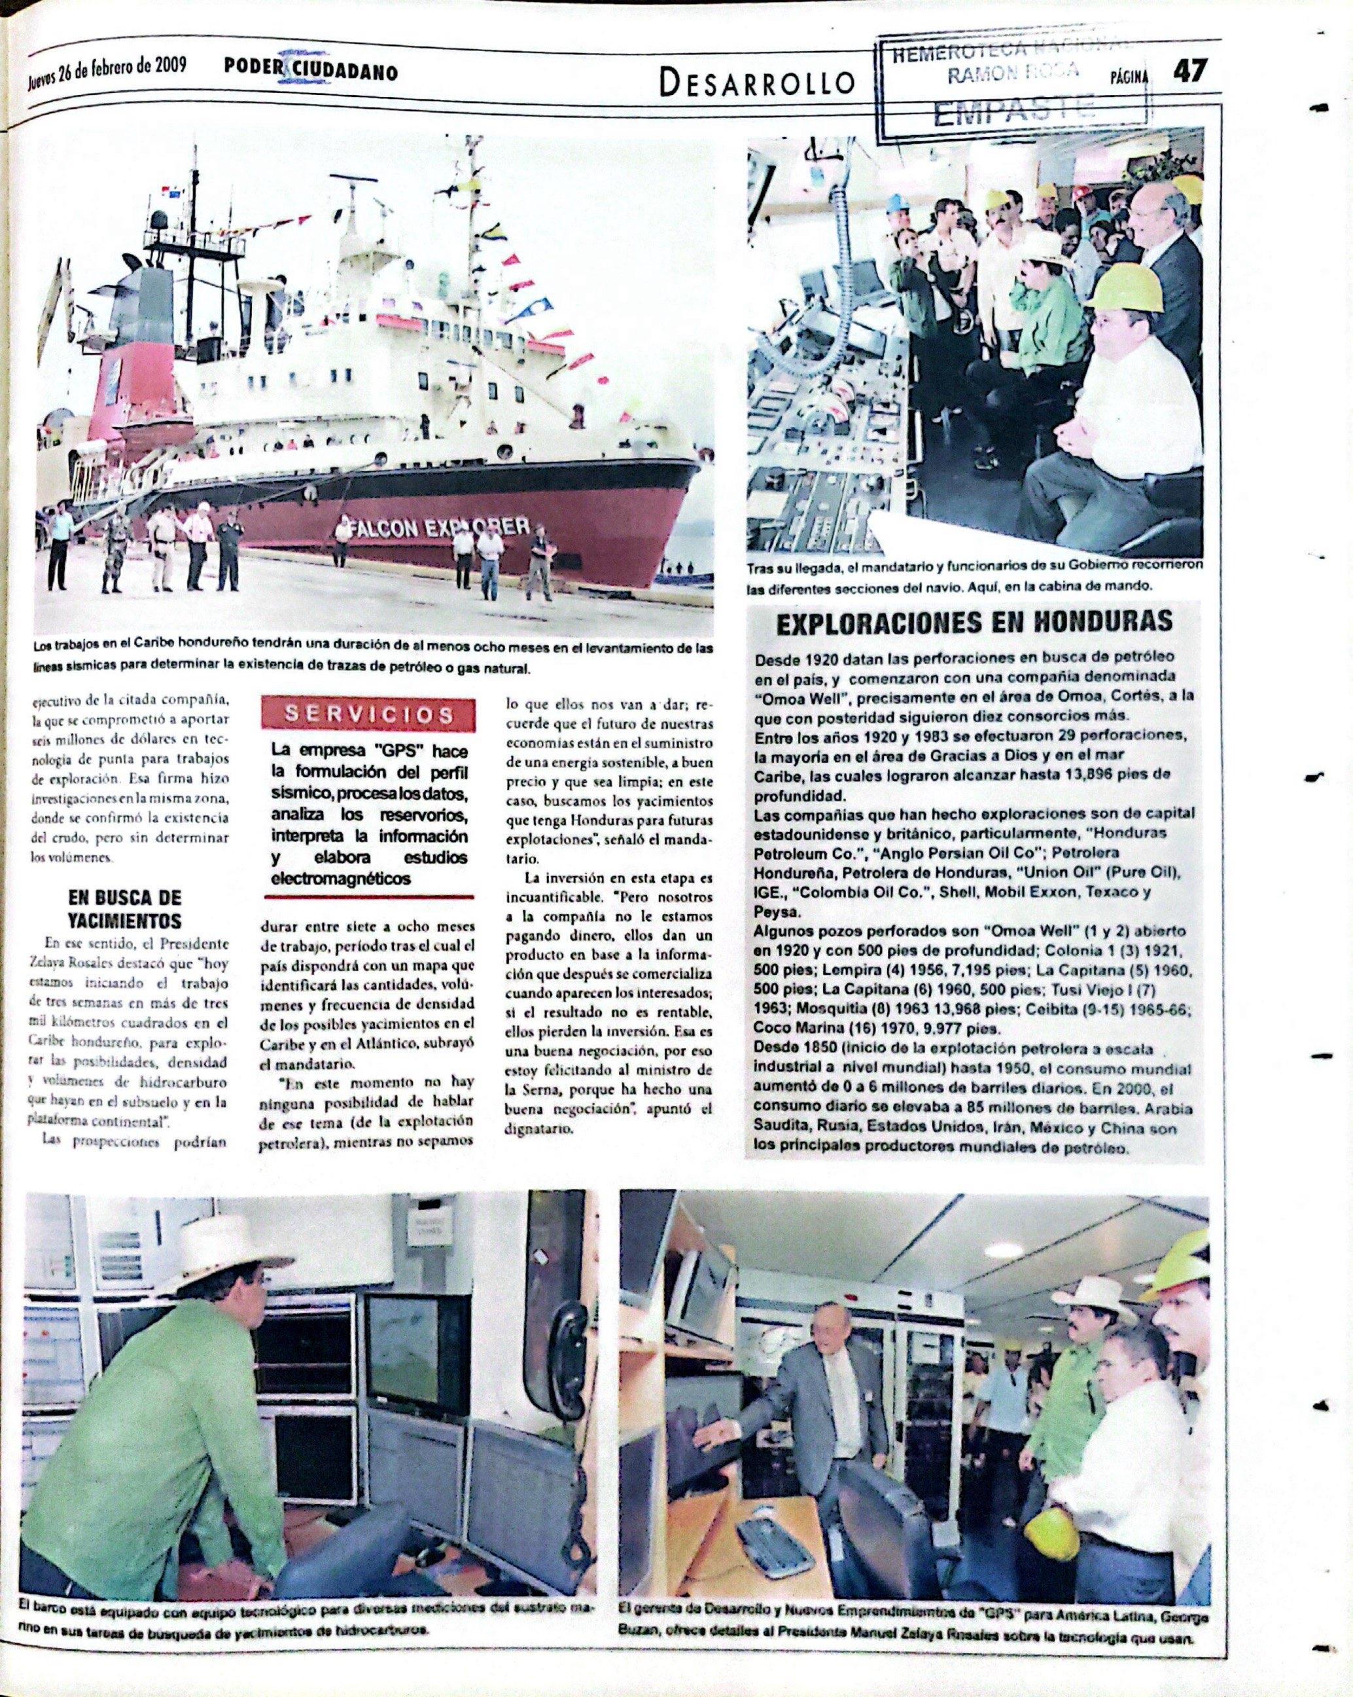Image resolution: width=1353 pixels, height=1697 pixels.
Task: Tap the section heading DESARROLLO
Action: click(x=757, y=81)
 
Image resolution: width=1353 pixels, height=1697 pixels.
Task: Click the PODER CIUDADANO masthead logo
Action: click(x=310, y=71)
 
